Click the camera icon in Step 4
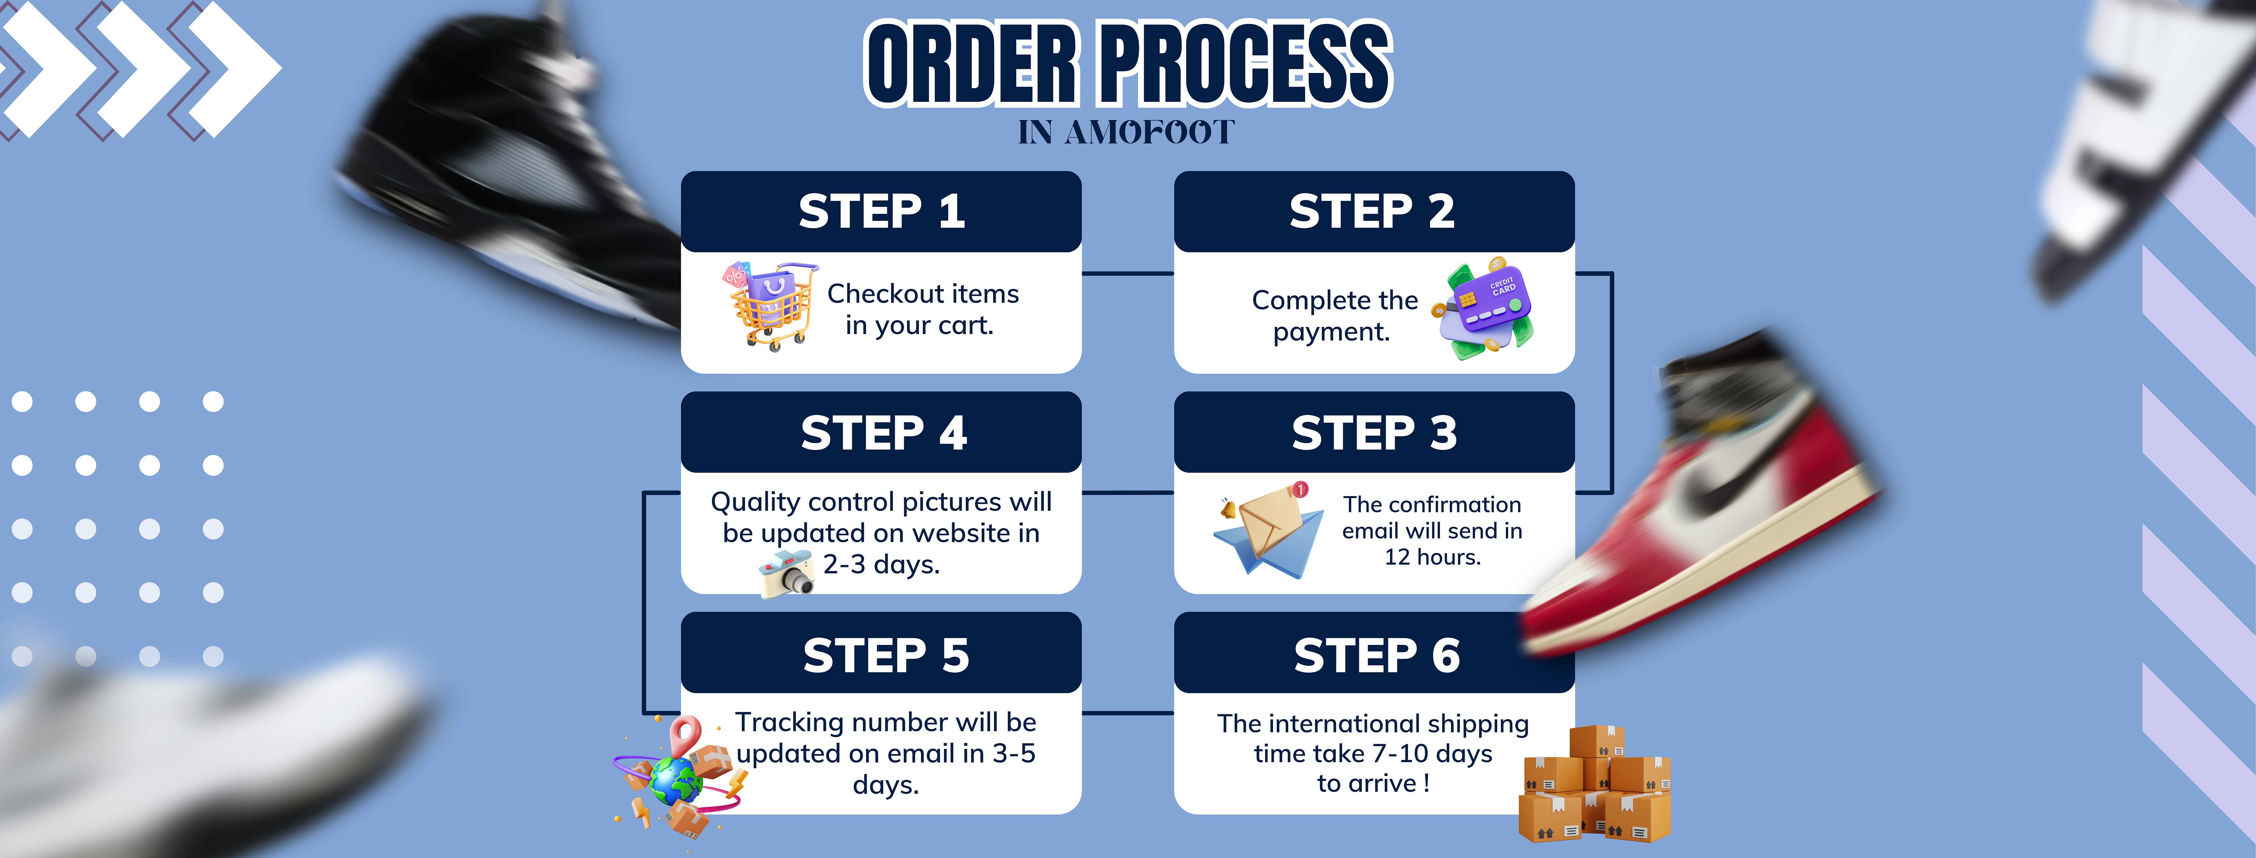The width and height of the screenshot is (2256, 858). pos(786,574)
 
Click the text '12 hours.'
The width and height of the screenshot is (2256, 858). pos(1433,557)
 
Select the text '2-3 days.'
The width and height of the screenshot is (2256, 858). pos(881,564)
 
